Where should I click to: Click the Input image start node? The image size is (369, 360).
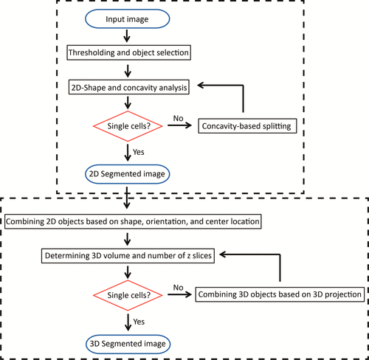pyautogui.click(x=128, y=19)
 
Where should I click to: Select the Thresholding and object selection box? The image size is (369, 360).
pyautogui.click(x=128, y=52)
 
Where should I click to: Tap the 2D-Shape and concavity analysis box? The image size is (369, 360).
pyautogui.click(x=129, y=87)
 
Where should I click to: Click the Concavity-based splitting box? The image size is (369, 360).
pyautogui.click(x=247, y=126)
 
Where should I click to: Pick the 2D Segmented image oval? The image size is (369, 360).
pyautogui.click(x=128, y=174)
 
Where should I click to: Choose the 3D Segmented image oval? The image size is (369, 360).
pyautogui.click(x=128, y=344)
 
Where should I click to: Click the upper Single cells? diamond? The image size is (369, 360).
pyautogui.click(x=128, y=126)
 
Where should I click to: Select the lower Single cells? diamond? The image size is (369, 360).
pyautogui.click(x=128, y=295)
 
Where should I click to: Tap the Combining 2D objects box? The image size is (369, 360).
pyautogui.click(x=133, y=221)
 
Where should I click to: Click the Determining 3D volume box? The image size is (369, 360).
pyautogui.click(x=128, y=256)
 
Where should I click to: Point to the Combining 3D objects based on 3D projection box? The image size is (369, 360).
pyautogui.click(x=280, y=294)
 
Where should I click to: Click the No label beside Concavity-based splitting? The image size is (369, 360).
pyautogui.click(x=178, y=118)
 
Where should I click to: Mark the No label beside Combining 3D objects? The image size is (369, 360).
pyautogui.click(x=178, y=288)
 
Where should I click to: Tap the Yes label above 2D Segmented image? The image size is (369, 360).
pyautogui.click(x=139, y=152)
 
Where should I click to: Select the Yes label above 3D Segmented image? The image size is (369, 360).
pyautogui.click(x=139, y=322)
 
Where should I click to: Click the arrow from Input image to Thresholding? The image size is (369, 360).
pyautogui.click(x=127, y=36)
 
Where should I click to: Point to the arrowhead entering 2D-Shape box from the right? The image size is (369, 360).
pyautogui.click(x=201, y=86)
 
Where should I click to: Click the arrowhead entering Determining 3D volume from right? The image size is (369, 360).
pyautogui.click(x=223, y=255)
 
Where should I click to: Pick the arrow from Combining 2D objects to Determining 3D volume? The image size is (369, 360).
pyautogui.click(x=128, y=239)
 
